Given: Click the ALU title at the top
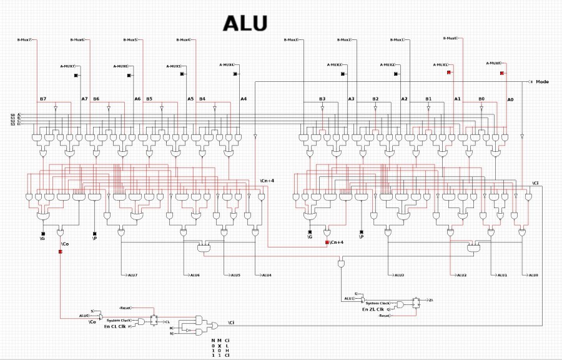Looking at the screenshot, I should pos(246,23).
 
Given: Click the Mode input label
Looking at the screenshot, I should pos(542,82).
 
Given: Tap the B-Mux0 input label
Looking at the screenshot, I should pos(450,38).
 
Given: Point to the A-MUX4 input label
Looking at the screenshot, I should pos(227,64).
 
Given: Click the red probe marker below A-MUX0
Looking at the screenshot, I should pos(502,73).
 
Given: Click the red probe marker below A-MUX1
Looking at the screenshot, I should pos(449,73).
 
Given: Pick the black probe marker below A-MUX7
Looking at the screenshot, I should pos(76,76).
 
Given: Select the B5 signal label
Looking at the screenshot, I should pos(149,99).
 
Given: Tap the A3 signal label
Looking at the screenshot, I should pos(351,99).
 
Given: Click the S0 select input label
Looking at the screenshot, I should pos(12,115).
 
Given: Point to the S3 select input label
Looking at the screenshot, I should pos(12,124).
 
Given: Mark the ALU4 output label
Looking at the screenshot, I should pos(266,275).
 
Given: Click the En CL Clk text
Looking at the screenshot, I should pos(114,326).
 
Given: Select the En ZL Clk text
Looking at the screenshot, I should pos(373,309).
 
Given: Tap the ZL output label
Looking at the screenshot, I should pos(431,300).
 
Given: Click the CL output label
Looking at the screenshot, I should pos(167,321).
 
